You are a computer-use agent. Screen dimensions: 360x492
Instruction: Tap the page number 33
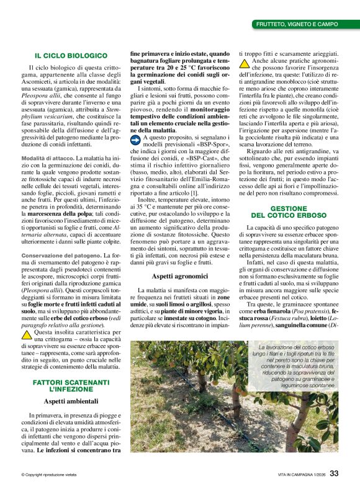pos(334,473)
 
